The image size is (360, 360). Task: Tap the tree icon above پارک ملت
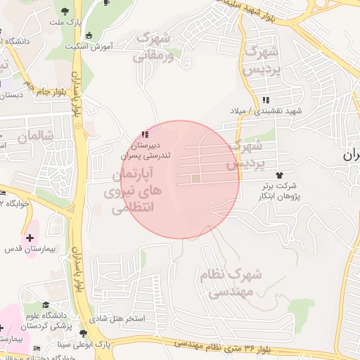65,11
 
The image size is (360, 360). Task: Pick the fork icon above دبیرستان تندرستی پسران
145,134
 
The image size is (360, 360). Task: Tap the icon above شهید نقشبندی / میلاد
265,100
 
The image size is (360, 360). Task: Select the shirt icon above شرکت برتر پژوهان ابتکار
280,174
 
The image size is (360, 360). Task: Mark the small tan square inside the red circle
196,179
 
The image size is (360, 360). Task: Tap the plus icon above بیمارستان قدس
29,236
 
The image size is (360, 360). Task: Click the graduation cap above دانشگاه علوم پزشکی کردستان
46,305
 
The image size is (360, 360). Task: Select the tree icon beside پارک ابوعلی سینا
84,333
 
